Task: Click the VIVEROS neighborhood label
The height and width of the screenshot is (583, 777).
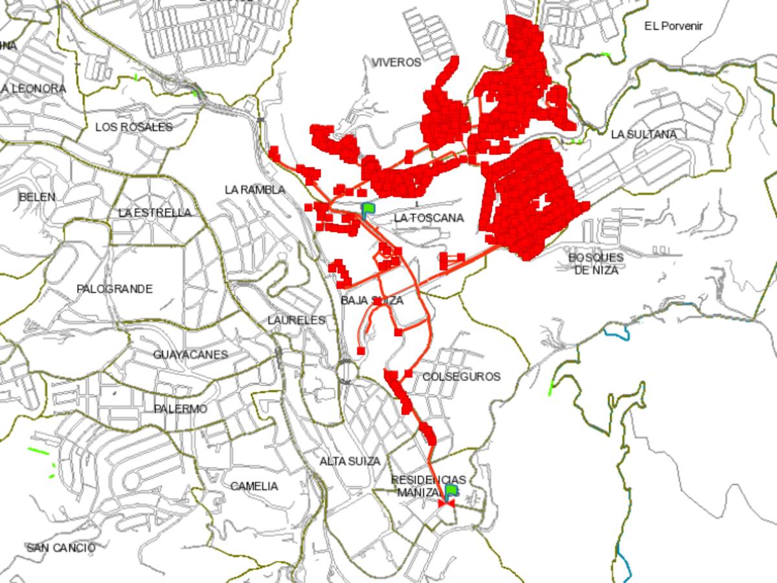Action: point(396,62)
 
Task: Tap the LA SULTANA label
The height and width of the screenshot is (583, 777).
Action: point(644,134)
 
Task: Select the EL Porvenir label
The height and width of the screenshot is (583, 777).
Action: point(673,26)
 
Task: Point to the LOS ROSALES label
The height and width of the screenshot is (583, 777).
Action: point(134,127)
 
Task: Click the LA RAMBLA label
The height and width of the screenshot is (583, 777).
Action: point(255,190)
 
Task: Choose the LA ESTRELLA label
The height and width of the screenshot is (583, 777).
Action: point(155,212)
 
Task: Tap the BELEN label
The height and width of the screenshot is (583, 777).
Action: point(37,197)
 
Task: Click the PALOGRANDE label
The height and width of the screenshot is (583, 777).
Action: point(115,289)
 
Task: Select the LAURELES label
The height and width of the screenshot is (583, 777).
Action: point(297,320)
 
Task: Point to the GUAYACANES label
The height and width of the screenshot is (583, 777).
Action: point(190,354)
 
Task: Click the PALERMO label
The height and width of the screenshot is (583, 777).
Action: point(181,409)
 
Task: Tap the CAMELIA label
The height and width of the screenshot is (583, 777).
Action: point(254,486)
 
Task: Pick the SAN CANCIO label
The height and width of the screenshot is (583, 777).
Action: point(61,548)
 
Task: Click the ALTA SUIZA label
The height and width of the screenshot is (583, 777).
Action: point(350,461)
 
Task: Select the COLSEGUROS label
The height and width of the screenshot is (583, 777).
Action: point(461,376)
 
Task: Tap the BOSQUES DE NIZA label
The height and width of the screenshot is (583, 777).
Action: point(596,263)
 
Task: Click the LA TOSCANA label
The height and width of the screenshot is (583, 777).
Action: point(429,218)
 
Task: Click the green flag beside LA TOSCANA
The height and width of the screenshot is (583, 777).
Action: point(368,209)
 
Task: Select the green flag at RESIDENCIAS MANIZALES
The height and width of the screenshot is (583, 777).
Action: point(451,490)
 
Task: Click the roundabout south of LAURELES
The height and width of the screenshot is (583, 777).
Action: point(346,371)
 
